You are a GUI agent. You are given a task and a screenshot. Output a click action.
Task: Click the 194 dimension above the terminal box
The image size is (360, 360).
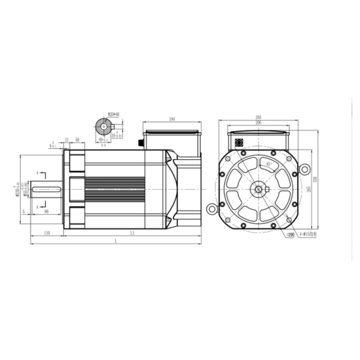[x=172, y=119]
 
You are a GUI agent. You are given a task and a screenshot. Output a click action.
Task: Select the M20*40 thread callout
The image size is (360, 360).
[x=113, y=114]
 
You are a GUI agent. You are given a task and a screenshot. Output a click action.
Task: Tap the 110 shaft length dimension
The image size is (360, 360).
[x=46, y=233]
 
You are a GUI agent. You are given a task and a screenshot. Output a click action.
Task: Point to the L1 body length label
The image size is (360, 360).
[x=132, y=233]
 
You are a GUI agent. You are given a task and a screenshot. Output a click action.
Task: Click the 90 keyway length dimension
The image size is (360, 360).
[x=46, y=211]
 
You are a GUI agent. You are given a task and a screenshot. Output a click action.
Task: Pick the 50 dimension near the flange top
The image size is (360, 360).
[x=77, y=140]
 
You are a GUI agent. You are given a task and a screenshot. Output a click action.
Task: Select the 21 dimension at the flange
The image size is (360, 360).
[x=67, y=140]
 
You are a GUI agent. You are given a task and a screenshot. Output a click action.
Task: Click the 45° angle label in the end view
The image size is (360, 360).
[x=269, y=164]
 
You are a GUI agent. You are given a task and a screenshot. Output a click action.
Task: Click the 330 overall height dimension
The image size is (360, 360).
[x=321, y=179]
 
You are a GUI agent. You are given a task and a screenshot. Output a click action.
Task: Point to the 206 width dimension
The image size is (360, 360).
[x=258, y=122]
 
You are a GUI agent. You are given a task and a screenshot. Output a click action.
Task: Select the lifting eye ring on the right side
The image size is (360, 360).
[x=305, y=169]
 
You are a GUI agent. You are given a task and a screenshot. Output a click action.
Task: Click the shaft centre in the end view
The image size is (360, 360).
[x=258, y=189]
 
